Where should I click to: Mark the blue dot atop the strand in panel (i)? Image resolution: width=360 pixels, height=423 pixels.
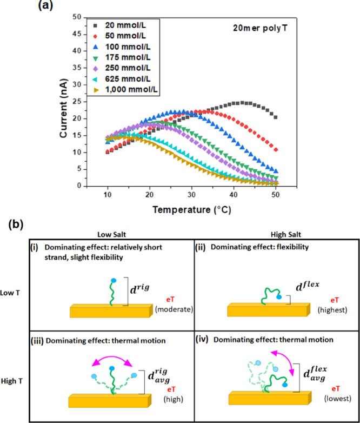112,280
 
